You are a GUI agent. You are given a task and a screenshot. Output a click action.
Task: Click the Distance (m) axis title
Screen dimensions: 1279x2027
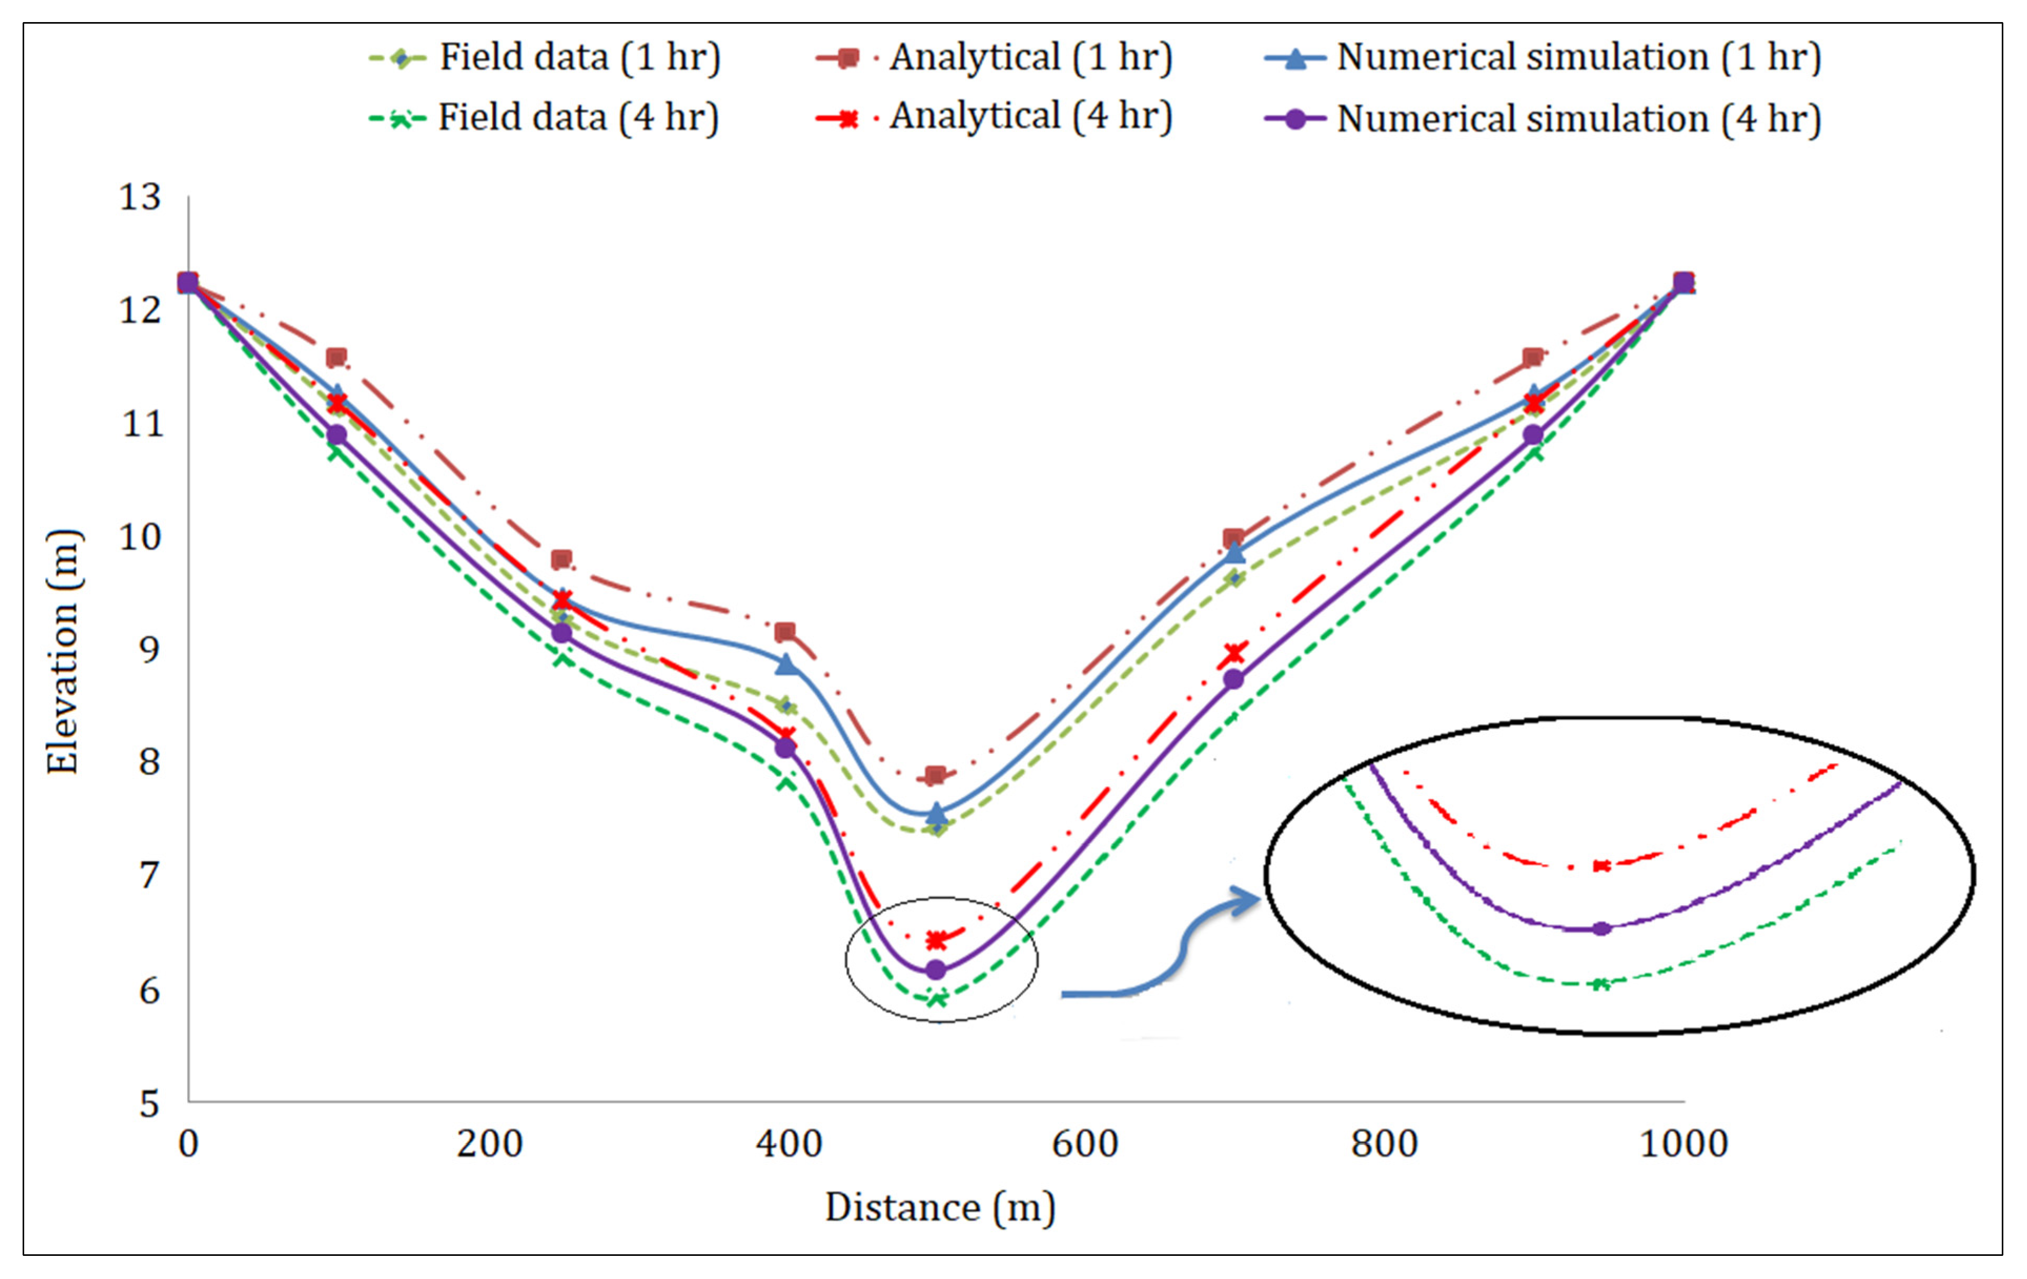pyautogui.click(x=939, y=1208)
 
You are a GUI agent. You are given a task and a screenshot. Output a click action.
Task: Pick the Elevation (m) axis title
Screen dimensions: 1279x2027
pyautogui.click(x=63, y=651)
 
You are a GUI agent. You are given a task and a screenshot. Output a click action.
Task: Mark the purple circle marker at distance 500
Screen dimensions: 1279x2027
pyautogui.click(x=935, y=970)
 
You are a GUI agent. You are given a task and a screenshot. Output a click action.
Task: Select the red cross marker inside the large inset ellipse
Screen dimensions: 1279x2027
pyautogui.click(x=1601, y=866)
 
